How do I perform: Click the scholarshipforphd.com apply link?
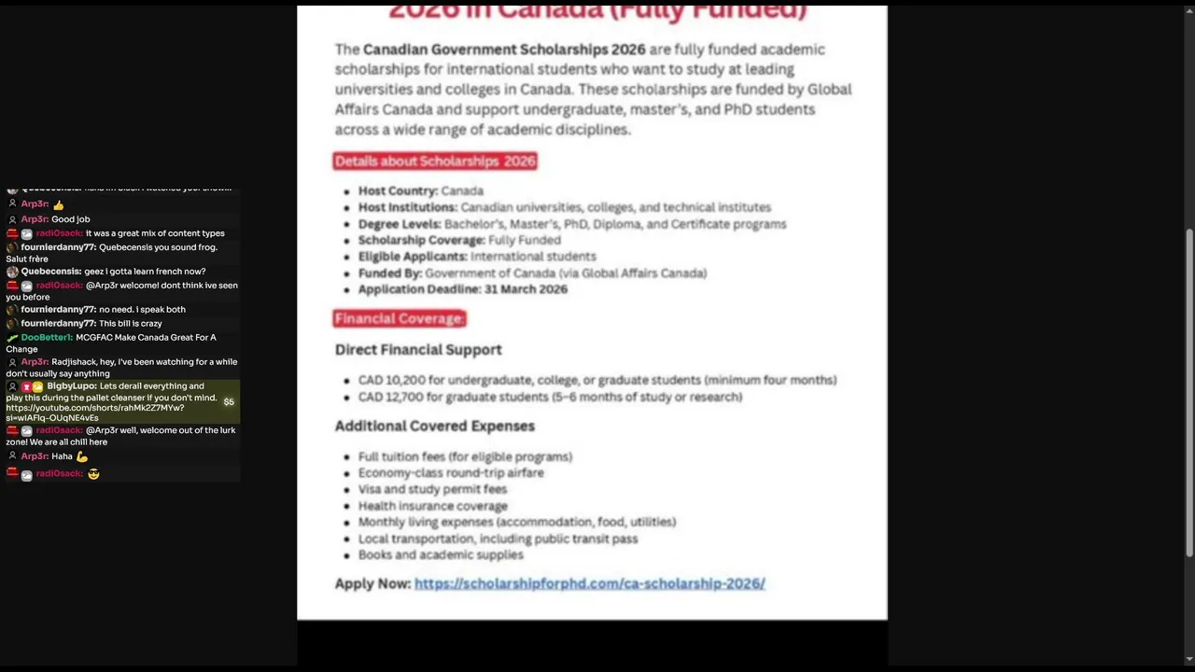point(589,583)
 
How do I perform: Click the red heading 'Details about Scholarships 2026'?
point(435,161)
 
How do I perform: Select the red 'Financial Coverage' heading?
point(399,319)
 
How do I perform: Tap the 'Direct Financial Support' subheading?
point(418,349)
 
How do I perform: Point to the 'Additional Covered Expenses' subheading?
point(435,426)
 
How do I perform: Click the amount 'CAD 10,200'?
point(391,380)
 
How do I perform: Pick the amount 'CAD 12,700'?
point(391,397)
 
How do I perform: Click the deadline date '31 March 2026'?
point(526,289)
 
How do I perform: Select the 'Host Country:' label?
point(398,190)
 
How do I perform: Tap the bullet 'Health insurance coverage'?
point(432,506)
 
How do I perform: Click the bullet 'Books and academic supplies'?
point(441,554)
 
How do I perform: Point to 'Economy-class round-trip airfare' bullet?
point(451,472)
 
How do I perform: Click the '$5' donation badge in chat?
point(229,402)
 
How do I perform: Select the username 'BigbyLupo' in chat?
point(71,386)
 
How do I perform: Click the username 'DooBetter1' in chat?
point(47,338)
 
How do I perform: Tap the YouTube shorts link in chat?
point(94,408)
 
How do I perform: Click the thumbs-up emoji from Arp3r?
point(58,204)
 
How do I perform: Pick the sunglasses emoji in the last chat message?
point(93,474)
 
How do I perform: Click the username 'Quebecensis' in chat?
point(50,272)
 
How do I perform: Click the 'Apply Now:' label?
point(373,583)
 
